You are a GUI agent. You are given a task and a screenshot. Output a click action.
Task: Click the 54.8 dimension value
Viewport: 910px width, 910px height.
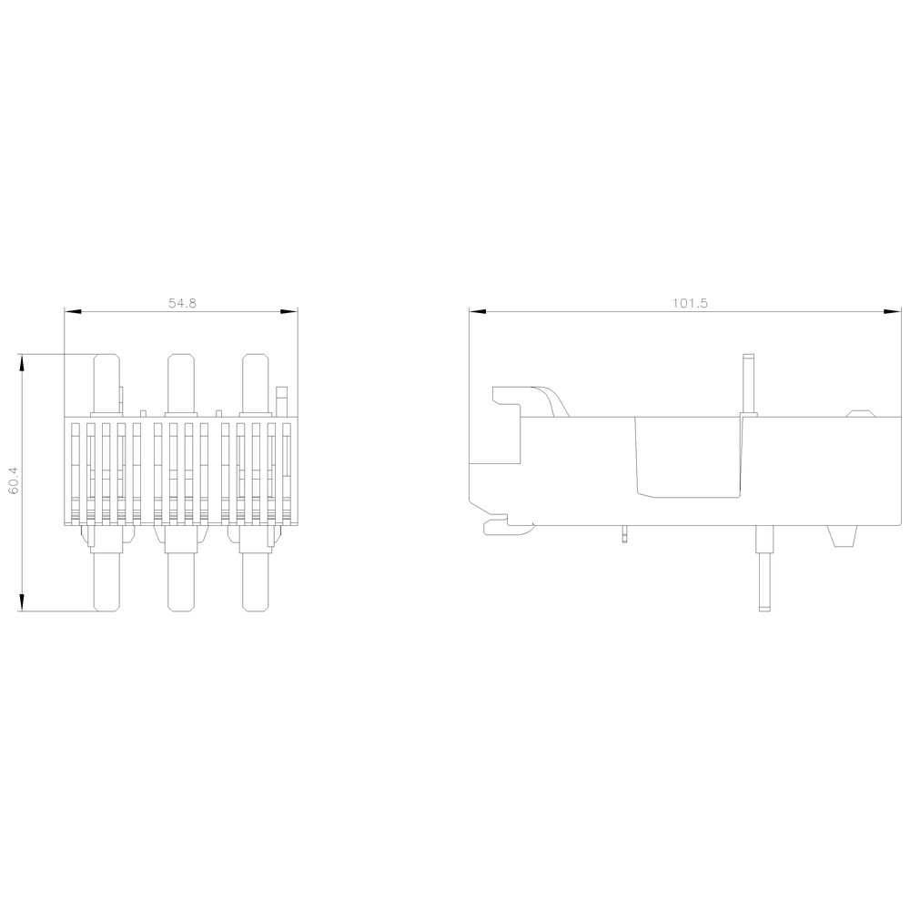182,303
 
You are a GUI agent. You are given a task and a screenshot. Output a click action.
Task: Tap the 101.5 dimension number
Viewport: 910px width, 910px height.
691,303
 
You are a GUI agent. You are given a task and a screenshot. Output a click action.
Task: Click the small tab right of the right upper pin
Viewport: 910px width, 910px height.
282,400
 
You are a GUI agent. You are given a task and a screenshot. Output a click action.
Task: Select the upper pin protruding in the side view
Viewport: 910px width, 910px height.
749,382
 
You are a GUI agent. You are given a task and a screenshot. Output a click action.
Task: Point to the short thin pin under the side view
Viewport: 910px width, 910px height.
623,534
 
